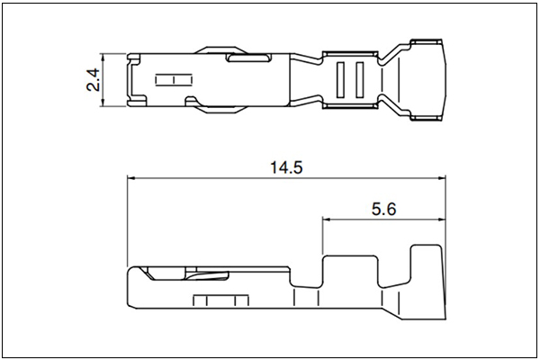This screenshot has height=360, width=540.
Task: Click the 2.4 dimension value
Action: coord(93,79)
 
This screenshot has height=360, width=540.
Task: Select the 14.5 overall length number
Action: coord(286,167)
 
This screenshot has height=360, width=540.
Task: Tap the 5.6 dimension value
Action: coord(383,209)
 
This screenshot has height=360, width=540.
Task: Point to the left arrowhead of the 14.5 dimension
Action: coord(132,178)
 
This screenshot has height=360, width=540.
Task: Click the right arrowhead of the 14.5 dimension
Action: coord(441,178)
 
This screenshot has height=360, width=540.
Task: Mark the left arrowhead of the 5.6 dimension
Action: coord(327,219)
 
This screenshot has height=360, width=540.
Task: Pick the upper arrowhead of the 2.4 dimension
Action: coord(103,58)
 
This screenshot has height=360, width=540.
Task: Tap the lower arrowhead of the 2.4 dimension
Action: coord(103,102)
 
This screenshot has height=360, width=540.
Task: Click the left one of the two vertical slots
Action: coord(340,79)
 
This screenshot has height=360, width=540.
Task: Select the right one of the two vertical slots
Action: coord(360,79)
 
